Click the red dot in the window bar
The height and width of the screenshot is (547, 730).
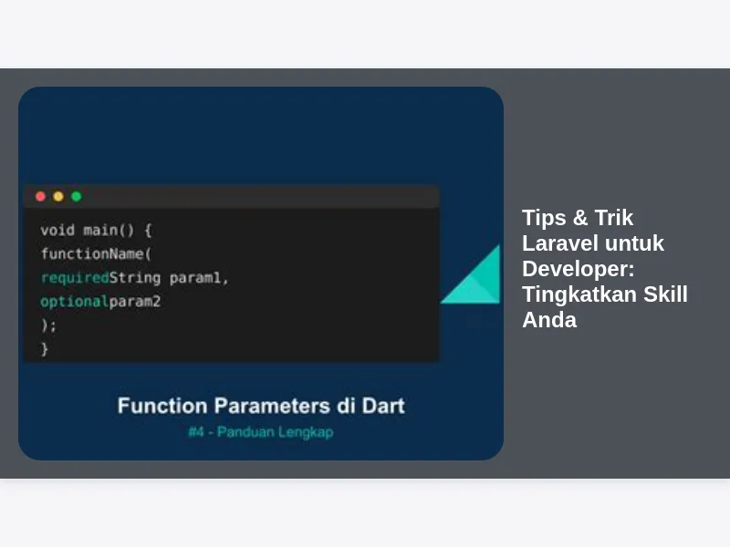point(40,196)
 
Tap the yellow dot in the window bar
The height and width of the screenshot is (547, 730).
point(58,196)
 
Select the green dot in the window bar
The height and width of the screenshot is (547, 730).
point(77,196)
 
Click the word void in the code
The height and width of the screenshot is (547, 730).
point(57,230)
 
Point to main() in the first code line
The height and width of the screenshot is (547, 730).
point(109,231)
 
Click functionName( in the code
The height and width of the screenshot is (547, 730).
point(96,253)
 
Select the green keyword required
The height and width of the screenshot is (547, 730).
point(75,278)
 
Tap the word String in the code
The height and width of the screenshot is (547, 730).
point(135,278)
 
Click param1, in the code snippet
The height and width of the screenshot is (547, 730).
point(199,278)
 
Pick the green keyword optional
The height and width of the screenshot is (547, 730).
point(75,302)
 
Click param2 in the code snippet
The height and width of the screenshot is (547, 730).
point(135,302)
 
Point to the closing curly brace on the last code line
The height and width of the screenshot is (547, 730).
point(45,349)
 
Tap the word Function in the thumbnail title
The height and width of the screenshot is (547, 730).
point(162,406)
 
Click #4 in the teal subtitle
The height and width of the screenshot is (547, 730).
point(196,432)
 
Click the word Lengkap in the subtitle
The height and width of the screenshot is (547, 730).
point(305,432)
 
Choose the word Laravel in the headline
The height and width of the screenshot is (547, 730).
point(558,243)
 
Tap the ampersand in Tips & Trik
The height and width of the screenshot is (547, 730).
point(580,218)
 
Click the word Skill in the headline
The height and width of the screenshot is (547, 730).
point(665,294)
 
